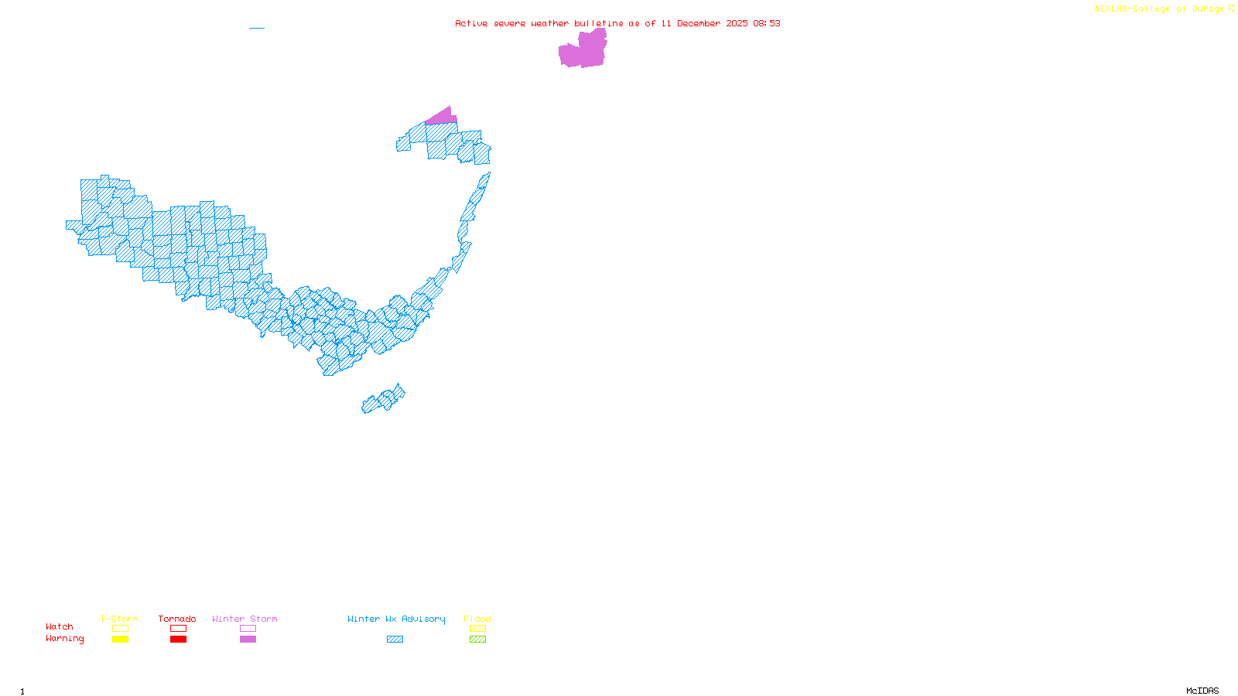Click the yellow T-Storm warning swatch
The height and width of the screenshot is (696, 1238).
pos(120,640)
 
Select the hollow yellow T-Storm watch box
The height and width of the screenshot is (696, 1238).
pos(120,629)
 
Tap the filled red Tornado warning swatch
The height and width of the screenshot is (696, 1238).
pos(178,640)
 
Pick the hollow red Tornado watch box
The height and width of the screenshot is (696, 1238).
pos(178,629)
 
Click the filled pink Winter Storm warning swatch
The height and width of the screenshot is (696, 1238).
pos(248,640)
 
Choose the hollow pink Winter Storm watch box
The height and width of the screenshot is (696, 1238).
pos(248,629)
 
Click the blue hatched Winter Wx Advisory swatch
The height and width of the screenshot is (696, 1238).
pos(395,640)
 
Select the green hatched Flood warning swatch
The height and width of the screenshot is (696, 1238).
pos(477,640)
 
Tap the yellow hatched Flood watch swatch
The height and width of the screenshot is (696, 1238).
pos(477,629)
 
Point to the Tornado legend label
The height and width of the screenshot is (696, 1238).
pos(177,619)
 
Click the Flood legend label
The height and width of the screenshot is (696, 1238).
pos(477,619)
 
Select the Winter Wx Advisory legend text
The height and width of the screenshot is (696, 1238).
pos(396,619)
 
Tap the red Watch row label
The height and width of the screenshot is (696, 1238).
pos(60,626)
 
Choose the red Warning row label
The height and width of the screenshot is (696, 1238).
pos(65,639)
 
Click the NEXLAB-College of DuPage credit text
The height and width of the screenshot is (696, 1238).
pos(1160,9)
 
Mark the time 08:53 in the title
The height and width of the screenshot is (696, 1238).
pos(766,23)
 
